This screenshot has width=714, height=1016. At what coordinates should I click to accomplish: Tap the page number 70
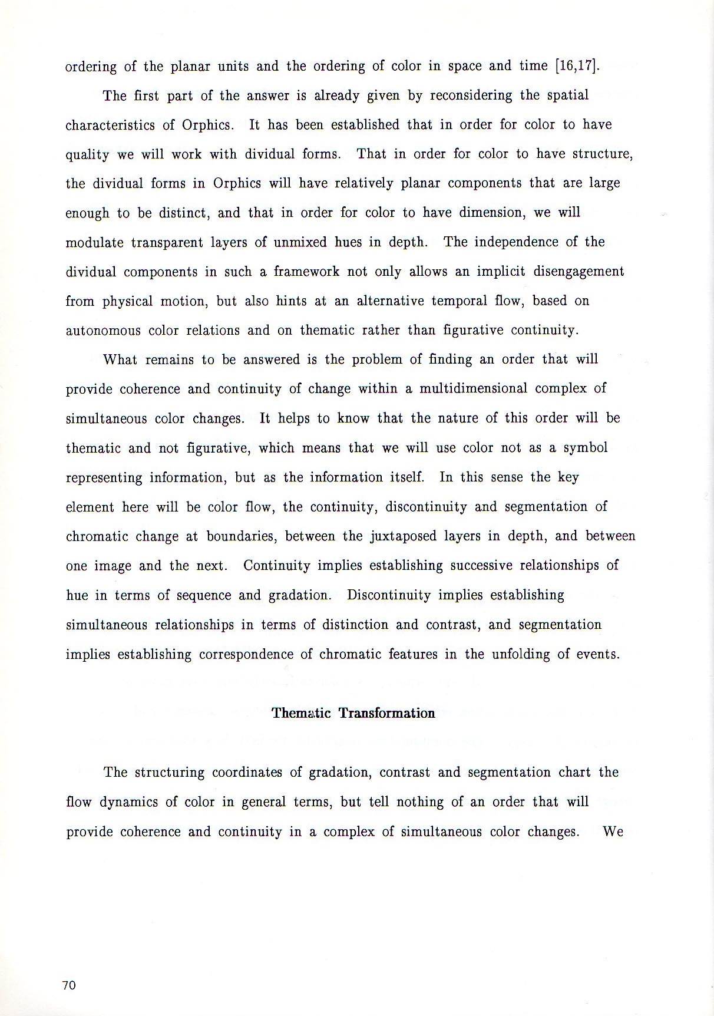pos(69,985)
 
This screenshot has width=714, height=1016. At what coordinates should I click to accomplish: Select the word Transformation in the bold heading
pos(386,713)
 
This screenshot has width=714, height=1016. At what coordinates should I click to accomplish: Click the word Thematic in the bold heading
pos(301,713)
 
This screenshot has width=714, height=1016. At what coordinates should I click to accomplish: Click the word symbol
pos(586,448)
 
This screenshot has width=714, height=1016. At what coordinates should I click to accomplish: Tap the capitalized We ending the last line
pos(613,832)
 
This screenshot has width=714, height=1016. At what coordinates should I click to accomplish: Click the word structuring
pos(169,773)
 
